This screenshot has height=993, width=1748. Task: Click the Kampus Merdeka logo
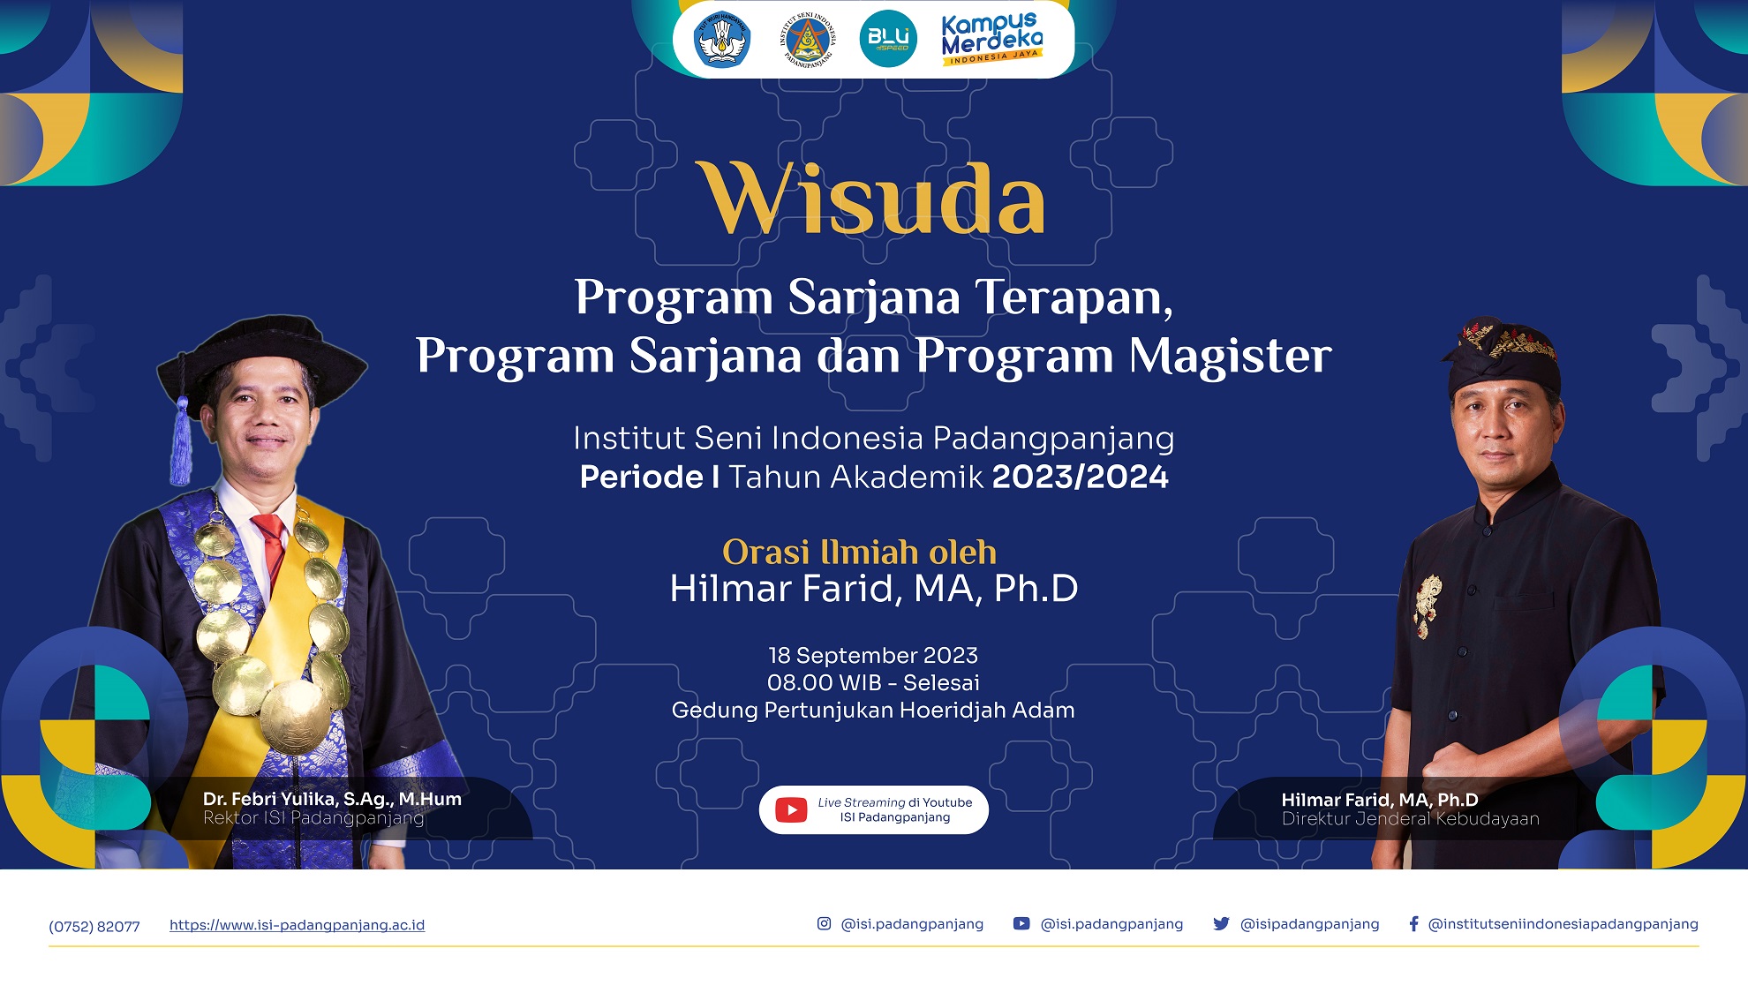991,39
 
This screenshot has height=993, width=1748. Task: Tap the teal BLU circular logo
888,39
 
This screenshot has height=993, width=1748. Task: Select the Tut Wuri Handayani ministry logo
722,40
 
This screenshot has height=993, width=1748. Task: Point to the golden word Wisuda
872,199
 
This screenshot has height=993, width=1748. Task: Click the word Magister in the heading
1230,355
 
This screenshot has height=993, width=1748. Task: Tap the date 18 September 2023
873,655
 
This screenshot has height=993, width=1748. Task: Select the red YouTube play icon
791,809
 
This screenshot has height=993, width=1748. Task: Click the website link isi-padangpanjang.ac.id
297,925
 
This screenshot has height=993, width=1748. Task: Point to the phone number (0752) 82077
94,926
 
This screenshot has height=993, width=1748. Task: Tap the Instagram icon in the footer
824,923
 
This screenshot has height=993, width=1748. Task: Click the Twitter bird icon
1221,923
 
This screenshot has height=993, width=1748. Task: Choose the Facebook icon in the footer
1413,923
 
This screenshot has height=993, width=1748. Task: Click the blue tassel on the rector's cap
181,441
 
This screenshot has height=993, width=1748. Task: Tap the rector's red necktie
272,547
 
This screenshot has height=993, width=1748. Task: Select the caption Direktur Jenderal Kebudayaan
1411,819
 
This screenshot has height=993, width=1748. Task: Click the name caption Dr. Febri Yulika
332,799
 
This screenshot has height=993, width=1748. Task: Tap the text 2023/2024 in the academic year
1081,477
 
